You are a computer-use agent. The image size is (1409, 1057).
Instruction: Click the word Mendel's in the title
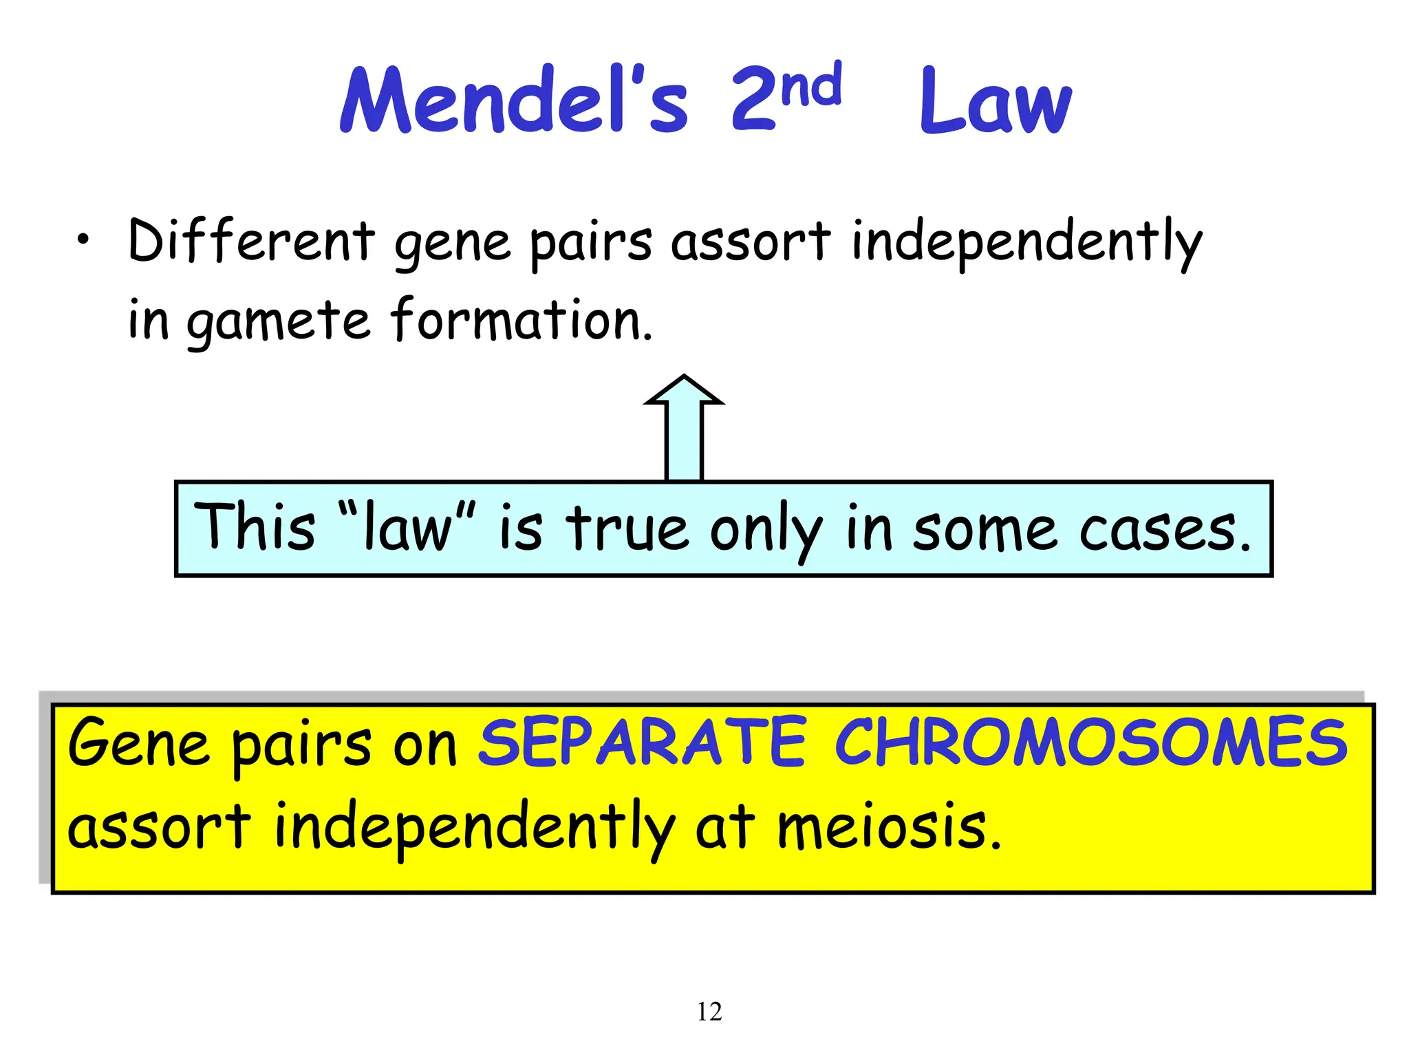pos(513,100)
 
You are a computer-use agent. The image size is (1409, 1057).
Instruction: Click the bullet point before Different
pos(83,240)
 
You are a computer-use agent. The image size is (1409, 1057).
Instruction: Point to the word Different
pos(251,240)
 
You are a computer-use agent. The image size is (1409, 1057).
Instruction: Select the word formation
pos(521,319)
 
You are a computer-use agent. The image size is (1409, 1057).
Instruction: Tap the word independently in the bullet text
pos(1026,242)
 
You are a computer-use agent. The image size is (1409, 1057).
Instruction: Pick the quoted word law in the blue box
pos(407,528)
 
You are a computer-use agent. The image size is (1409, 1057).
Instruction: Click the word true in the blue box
pos(627,528)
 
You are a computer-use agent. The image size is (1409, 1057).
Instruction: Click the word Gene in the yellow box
pos(138,743)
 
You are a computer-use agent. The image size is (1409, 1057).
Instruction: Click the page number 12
pos(709,1012)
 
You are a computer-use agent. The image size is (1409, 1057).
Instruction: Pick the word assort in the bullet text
pos(751,242)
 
